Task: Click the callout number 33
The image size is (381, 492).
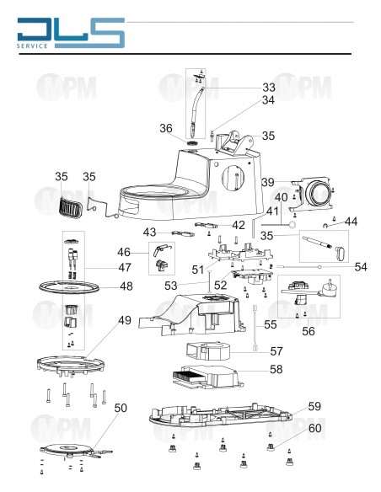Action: pyautogui.click(x=268, y=87)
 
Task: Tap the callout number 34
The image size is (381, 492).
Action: pyautogui.click(x=268, y=100)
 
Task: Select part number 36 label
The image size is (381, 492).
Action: pyautogui.click(x=167, y=129)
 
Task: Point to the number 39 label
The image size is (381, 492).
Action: pyautogui.click(x=268, y=182)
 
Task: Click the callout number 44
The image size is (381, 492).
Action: pyautogui.click(x=351, y=221)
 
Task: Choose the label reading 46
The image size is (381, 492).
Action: pyautogui.click(x=124, y=252)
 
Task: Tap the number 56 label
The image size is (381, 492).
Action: pyautogui.click(x=309, y=332)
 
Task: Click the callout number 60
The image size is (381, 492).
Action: pyautogui.click(x=314, y=429)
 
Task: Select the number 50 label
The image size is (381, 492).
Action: pyautogui.click(x=121, y=408)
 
